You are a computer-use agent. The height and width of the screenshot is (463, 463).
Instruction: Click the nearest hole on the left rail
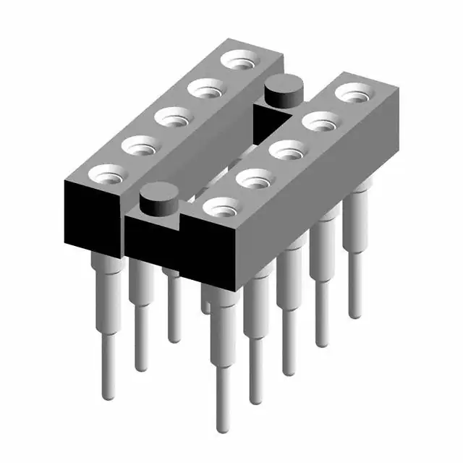[x=106, y=174]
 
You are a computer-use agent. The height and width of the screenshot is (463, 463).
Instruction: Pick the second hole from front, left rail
[x=140, y=145]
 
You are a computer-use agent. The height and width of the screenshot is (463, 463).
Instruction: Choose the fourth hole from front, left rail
[x=205, y=89]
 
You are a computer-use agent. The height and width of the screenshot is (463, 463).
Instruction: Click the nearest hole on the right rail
[x=221, y=207]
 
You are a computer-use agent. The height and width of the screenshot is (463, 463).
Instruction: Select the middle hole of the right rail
[x=287, y=151]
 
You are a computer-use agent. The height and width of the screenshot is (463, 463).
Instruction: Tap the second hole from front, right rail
[x=253, y=179]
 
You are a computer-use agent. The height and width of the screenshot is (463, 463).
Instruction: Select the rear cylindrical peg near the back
[x=282, y=92]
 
